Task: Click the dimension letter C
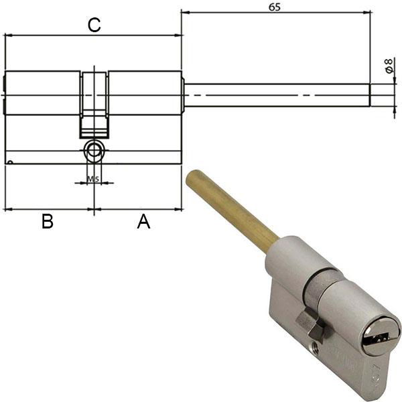(94, 25)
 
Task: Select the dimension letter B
(47, 222)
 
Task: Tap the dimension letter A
(143, 222)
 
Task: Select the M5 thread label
(94, 179)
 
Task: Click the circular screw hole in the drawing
(94, 151)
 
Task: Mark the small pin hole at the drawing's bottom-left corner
(11, 161)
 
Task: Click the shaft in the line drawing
(275, 95)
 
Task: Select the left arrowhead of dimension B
(7, 209)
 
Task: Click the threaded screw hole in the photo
(316, 348)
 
